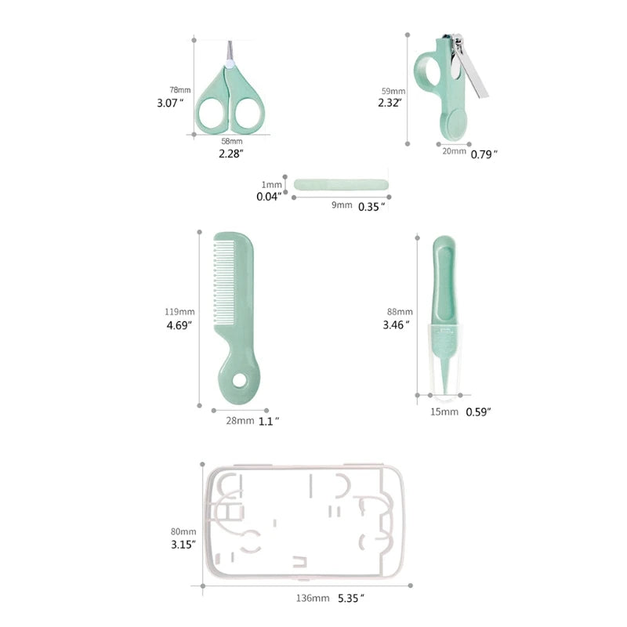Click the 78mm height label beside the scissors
point(180,90)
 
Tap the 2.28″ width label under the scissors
point(230,154)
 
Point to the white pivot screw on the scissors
point(230,63)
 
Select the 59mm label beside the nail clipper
point(393,91)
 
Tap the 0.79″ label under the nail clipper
point(484,154)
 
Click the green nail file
point(341,185)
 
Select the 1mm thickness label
point(271,185)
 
